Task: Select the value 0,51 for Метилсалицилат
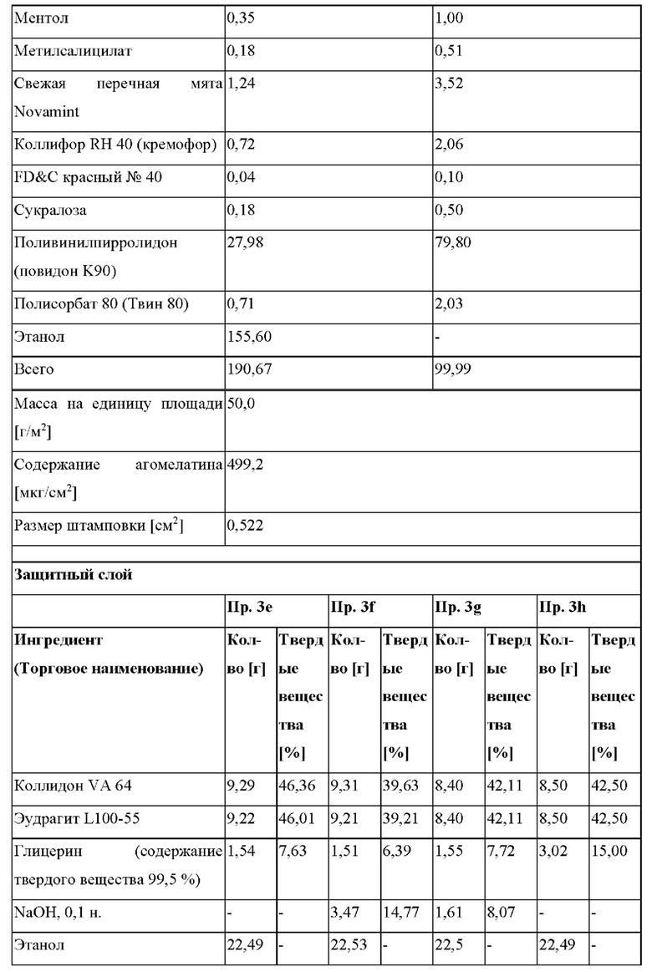coord(448,52)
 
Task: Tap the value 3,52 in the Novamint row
coord(448,84)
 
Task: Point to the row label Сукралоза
coord(49,210)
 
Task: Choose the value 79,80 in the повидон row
coord(451,242)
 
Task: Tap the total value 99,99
coord(451,369)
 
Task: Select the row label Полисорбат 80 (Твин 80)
coord(101,305)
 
